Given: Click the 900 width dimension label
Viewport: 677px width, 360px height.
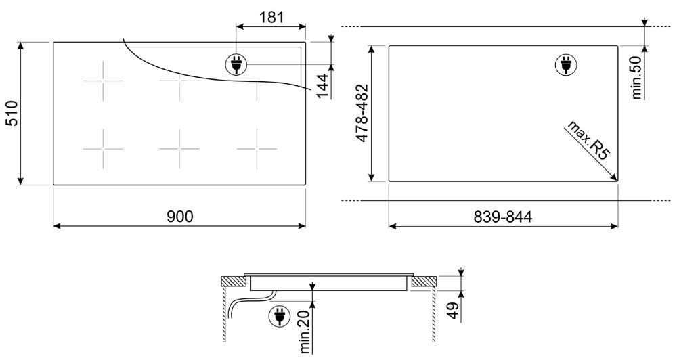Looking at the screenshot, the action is [x=180, y=217].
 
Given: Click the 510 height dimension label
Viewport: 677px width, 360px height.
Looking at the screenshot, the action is [x=12, y=113].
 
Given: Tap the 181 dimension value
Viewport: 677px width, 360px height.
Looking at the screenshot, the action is [x=271, y=18].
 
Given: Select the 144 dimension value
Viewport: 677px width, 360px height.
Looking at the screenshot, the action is [x=322, y=87].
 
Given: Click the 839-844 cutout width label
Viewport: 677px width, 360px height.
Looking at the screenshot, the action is [x=503, y=217].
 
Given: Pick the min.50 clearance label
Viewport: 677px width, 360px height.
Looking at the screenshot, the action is [x=637, y=78].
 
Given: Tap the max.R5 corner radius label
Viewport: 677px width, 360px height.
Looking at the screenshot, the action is [x=588, y=141].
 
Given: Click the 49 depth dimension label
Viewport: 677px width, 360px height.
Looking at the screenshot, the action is [x=452, y=311].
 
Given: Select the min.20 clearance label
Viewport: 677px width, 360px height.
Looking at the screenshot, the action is [x=305, y=332].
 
